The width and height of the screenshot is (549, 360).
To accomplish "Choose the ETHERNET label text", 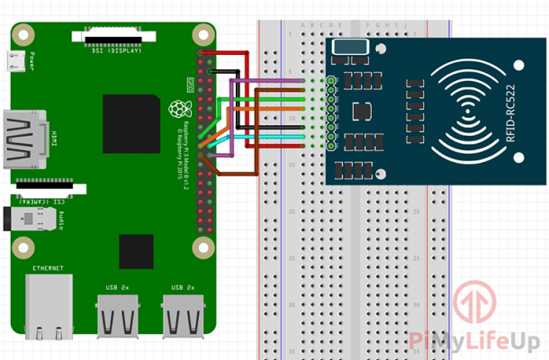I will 48,268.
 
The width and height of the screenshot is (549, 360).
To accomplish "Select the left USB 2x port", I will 119,315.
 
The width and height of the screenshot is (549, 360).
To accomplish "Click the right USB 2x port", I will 184,315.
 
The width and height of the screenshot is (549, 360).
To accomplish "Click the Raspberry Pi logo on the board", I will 175,110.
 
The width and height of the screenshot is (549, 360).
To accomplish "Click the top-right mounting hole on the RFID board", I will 519,62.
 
